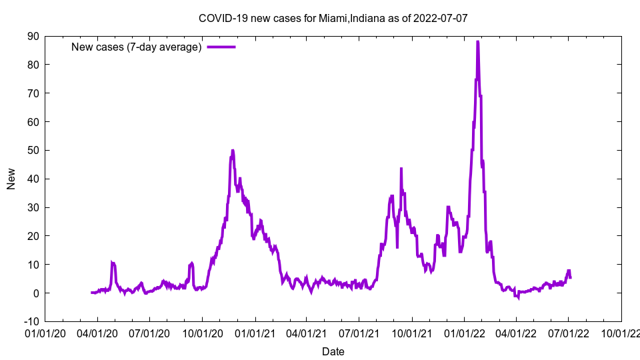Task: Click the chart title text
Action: point(333,18)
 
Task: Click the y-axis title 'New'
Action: point(11,179)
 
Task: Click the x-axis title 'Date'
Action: point(333,351)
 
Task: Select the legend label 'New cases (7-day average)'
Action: point(137,47)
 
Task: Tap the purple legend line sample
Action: point(221,47)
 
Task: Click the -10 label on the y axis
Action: point(31,321)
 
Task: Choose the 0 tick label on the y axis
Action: point(35,293)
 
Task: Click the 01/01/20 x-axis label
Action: point(45,331)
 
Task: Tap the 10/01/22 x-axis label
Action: point(621,331)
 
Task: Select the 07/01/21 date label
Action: point(359,331)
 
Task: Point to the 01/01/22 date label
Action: point(464,331)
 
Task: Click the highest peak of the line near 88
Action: point(477,42)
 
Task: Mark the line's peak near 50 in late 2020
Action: point(233,151)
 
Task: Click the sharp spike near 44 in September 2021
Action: point(401,168)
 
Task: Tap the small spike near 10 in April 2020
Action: point(113,263)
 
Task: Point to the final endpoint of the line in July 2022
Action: point(570,277)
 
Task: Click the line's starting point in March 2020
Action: point(91,293)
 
